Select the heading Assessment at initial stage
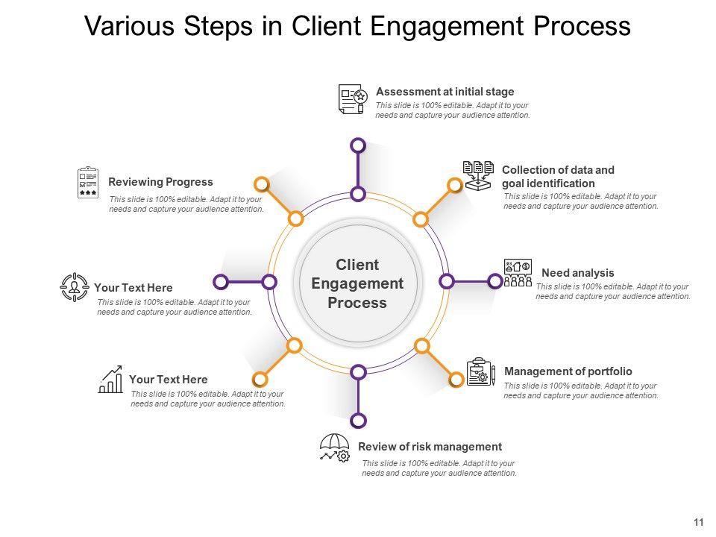pos(445,92)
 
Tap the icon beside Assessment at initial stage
pos(352,98)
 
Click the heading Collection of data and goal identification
pos(558,176)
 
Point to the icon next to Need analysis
pos(518,273)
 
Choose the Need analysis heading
pos(577,273)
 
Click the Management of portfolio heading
pos(568,371)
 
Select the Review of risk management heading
pos(430,447)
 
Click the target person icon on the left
pos(74,287)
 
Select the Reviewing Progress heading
pos(160,182)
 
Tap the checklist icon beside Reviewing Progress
pos(88,183)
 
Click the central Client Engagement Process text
pos(357,284)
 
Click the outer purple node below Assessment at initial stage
pos(358,145)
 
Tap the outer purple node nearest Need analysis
pos(494,281)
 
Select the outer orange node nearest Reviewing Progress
pos(262,184)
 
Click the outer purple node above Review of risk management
pos(358,421)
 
